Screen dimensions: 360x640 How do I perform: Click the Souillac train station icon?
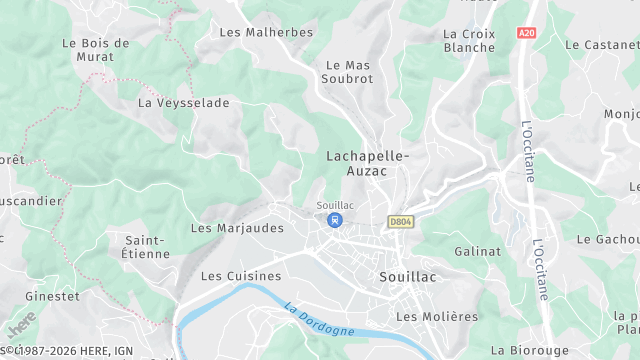tap(335, 220)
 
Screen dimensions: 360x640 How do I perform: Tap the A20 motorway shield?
tap(527, 33)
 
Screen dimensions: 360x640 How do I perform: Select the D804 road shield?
tap(400, 222)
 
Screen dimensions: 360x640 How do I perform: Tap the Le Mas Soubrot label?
tap(348, 72)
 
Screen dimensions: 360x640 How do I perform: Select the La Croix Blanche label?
tap(469, 40)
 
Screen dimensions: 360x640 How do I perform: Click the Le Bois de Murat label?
tap(96, 50)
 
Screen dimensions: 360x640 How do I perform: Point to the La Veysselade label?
tap(184, 103)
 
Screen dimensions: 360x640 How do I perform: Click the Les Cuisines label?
tap(241, 276)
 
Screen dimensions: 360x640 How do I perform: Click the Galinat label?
tap(477, 252)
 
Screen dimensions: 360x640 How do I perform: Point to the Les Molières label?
tap(437, 317)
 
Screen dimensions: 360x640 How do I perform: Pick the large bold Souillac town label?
tap(409, 276)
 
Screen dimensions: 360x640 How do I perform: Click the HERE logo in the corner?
tap(20, 326)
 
